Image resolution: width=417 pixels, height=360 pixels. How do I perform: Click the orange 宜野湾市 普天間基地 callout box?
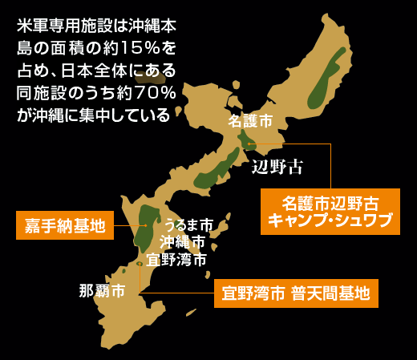296,293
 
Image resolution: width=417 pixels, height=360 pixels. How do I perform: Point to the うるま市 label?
188,225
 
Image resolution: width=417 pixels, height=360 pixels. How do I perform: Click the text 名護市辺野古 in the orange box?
330,201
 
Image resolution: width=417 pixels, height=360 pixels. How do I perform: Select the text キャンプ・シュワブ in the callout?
330,220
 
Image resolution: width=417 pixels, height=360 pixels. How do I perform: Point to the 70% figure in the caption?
152,92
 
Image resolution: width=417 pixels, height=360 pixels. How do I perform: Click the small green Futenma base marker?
140,263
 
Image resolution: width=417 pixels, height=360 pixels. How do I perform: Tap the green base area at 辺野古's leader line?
249,144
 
